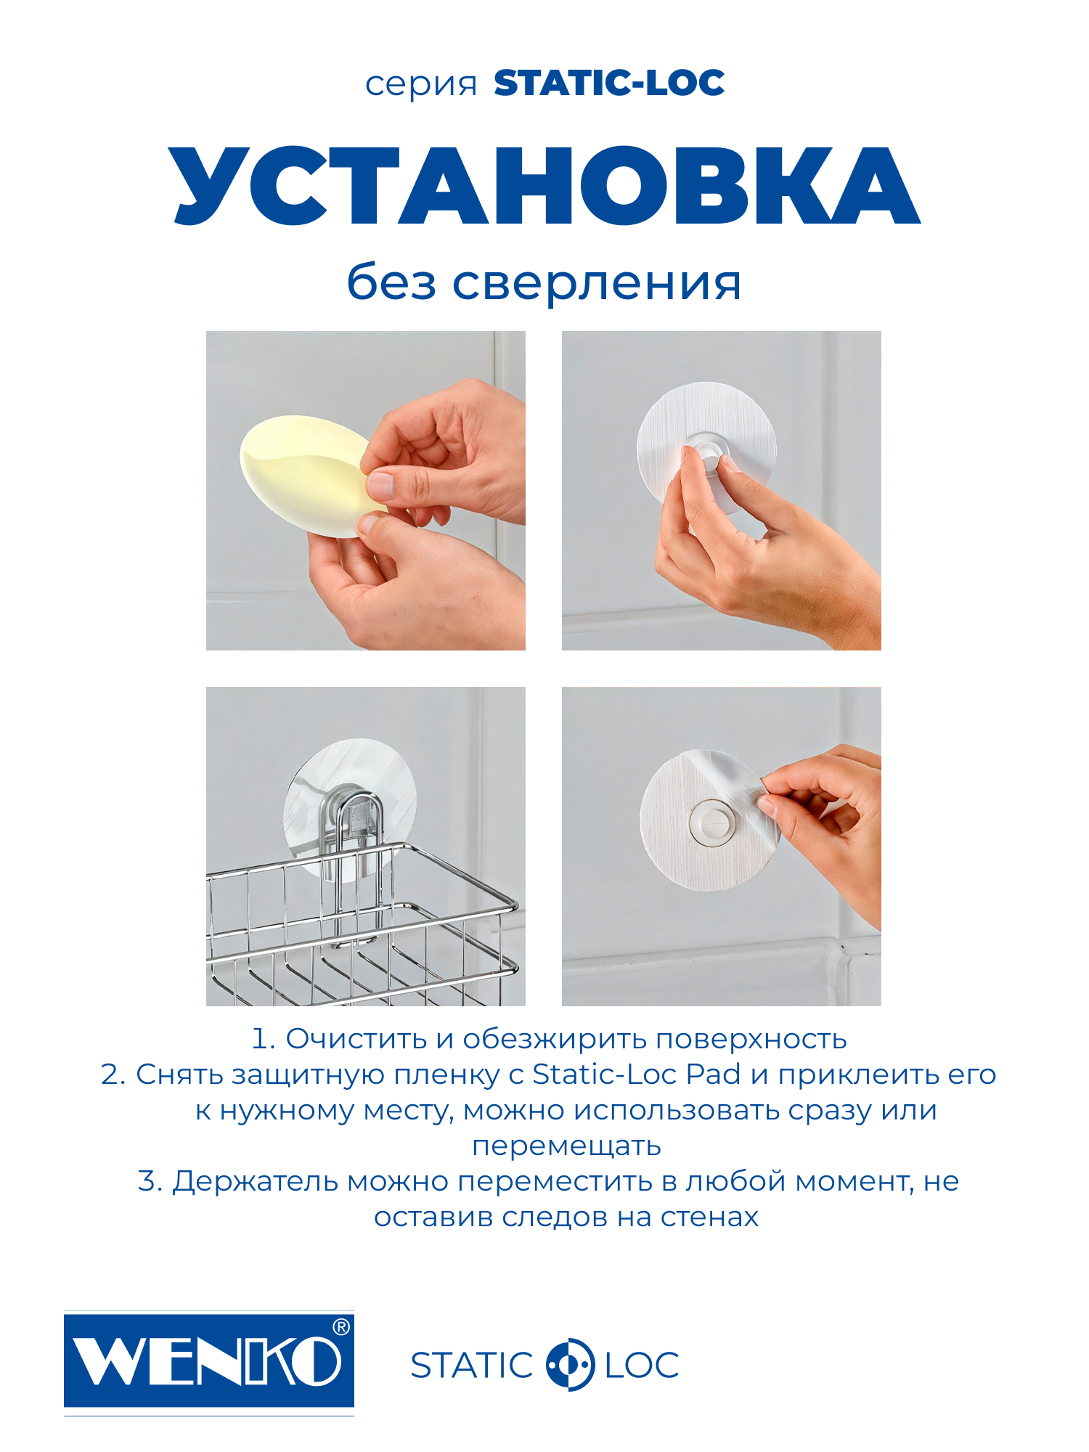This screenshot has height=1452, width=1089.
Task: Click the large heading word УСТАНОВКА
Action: click(x=544, y=186)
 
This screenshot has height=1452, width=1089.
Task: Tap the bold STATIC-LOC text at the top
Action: click(x=608, y=83)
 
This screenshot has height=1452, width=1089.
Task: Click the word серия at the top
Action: click(x=420, y=86)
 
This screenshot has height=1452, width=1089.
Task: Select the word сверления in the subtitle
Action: click(x=597, y=283)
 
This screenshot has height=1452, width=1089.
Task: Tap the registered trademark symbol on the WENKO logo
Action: click(x=340, y=1327)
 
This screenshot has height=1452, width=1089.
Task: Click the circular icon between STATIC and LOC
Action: click(x=570, y=1364)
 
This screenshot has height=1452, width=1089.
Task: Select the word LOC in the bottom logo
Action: click(x=642, y=1366)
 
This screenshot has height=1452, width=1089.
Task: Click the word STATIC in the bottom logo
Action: click(x=472, y=1366)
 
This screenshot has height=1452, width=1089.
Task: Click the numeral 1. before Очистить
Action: click(x=263, y=1040)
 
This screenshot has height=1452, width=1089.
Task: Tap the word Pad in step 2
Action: click(x=713, y=1075)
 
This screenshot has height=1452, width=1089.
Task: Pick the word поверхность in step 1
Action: click(x=751, y=1040)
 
